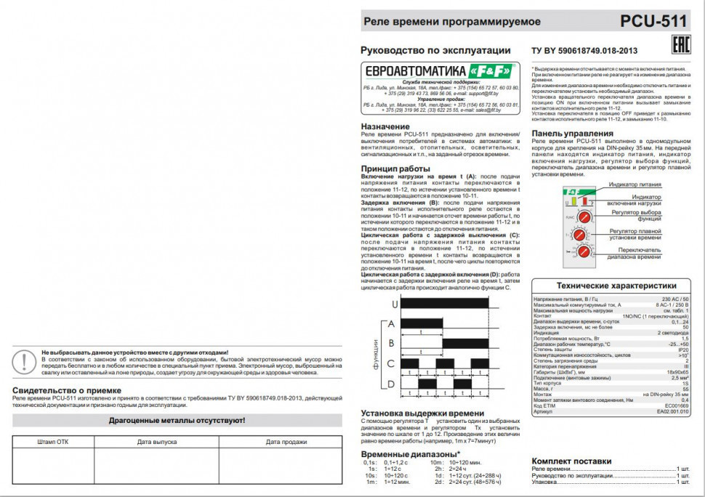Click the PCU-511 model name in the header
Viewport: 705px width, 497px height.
[653, 21]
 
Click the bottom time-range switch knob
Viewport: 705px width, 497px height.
[584, 251]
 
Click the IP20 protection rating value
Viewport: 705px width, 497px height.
[682, 349]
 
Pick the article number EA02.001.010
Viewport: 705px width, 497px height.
[672, 411]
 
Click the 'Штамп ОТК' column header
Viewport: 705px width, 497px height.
[52, 441]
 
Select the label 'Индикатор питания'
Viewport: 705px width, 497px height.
[635, 185]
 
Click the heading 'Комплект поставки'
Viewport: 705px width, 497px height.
[571, 461]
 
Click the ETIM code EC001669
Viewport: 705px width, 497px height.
[676, 405]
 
